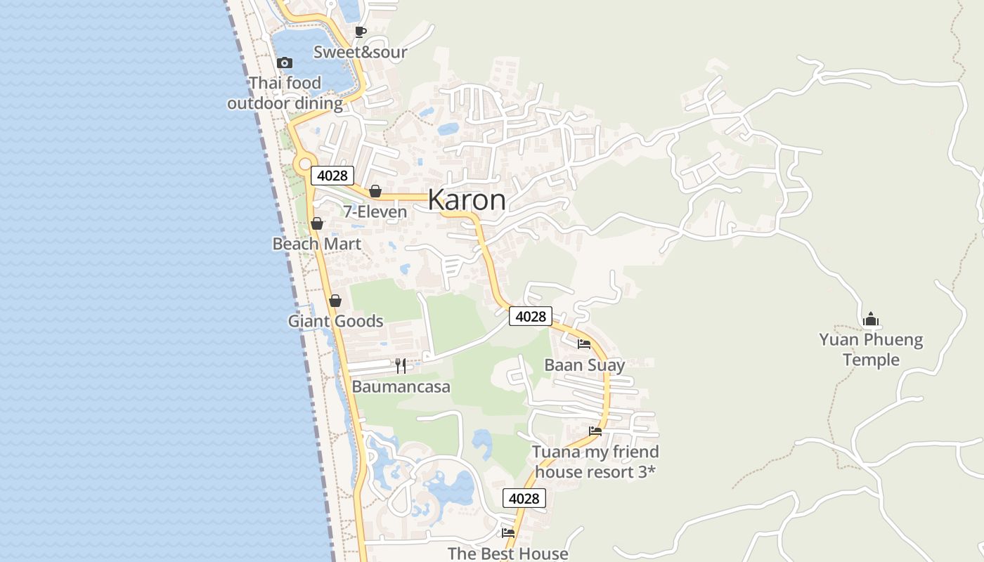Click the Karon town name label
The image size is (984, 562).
tap(466, 200)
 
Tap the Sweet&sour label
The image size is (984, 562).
tap(360, 52)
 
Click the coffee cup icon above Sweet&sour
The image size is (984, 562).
tap(360, 32)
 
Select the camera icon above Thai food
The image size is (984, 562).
tap(285, 63)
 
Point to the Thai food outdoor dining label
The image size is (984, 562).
tap(285, 93)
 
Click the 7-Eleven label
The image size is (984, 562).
tap(375, 211)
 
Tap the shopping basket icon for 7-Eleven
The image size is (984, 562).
tap(375, 191)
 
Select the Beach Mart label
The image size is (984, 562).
tap(317, 244)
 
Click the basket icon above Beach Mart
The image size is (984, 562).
tap(317, 223)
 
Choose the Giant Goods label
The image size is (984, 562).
tap(335, 321)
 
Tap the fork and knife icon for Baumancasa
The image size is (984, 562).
tap(401, 365)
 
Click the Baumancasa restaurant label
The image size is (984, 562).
tap(401, 386)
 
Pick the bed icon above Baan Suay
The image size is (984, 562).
tap(584, 344)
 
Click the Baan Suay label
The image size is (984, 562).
tap(584, 365)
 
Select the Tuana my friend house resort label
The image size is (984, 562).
tap(595, 462)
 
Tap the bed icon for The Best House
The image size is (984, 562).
tap(507, 532)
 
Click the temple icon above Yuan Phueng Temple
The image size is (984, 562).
tap(871, 320)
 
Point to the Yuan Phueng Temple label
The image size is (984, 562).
tap(871, 350)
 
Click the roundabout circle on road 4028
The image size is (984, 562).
tap(304, 164)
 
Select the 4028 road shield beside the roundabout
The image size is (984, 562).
tap(332, 176)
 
